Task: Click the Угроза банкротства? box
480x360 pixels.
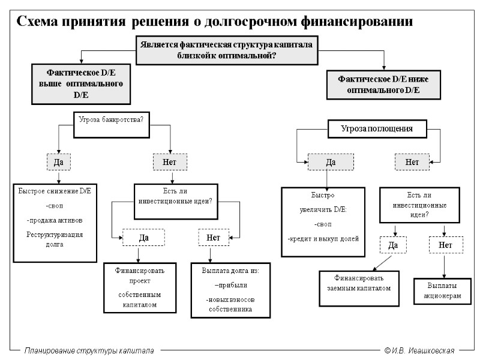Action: [x=112, y=119]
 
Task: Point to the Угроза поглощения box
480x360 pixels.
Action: [x=377, y=128]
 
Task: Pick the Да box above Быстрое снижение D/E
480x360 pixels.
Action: [x=59, y=162]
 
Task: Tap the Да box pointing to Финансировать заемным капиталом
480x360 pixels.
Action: [x=393, y=245]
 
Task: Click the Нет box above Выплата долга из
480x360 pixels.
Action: [x=214, y=238]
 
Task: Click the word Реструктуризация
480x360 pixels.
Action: [x=55, y=234]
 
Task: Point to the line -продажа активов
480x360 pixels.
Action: [x=55, y=220]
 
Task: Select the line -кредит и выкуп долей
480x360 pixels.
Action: [x=323, y=238]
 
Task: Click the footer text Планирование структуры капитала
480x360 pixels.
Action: [x=89, y=350]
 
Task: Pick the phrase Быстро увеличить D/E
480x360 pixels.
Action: [x=323, y=203]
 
